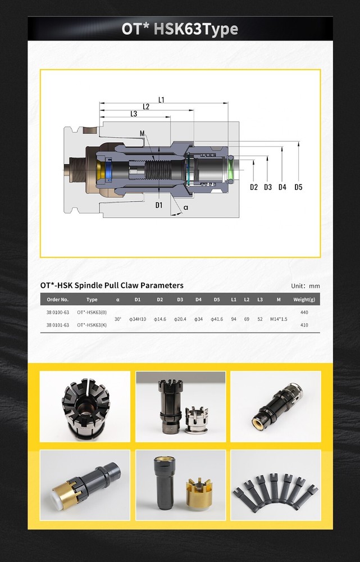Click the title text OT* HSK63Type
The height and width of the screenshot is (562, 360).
coord(180,29)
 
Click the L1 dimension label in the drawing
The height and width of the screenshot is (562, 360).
coord(162,100)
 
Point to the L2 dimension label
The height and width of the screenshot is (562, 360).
coord(146,107)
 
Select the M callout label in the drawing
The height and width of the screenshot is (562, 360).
coord(142,133)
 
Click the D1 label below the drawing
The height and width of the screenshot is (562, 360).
coord(159,205)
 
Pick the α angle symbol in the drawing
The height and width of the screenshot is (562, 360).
coord(186,207)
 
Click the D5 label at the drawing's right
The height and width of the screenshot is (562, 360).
coord(298,187)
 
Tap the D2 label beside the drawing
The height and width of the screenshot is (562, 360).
coord(254,187)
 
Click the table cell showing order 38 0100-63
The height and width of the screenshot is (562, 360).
coord(57,312)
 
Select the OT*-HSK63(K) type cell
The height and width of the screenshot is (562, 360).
coord(92,325)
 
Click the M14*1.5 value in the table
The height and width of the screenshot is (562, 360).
coord(279,319)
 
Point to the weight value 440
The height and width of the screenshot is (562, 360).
coord(304,312)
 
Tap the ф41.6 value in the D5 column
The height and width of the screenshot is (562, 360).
coord(217,319)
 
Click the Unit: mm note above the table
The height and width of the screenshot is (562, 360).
coord(305,286)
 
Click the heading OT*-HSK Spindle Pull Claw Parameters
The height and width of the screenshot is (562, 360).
coord(112,285)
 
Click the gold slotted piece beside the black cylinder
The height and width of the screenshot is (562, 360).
coord(200,491)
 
